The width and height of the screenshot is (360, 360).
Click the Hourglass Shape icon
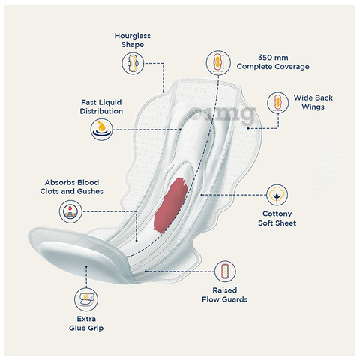tap(133, 63)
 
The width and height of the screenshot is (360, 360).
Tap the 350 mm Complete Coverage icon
tap(218, 62)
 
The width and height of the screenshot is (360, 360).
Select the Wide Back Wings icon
tap(277, 103)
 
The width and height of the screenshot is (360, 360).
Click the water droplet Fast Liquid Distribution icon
tap(101, 130)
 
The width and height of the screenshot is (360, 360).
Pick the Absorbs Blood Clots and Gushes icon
tap(70, 211)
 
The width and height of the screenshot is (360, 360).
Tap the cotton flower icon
tap(277, 195)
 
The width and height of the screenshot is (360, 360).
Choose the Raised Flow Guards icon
tap(225, 271)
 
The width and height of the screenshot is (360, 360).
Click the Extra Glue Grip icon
tap(86, 299)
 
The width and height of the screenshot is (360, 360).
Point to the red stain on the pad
tap(171, 205)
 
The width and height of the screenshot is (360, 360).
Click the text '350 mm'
tap(273, 58)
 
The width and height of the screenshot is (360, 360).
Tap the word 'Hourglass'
tap(133, 36)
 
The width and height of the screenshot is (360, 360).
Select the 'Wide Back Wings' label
tap(313, 102)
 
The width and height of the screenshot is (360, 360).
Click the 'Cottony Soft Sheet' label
tap(277, 218)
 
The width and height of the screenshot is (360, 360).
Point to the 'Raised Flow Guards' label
tap(225, 295)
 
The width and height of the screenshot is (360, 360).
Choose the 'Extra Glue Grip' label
tap(86, 323)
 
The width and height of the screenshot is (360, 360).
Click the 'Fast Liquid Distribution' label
tap(101, 106)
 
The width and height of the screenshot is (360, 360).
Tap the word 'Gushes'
tap(90, 191)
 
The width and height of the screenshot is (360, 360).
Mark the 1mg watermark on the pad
tap(223, 114)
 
